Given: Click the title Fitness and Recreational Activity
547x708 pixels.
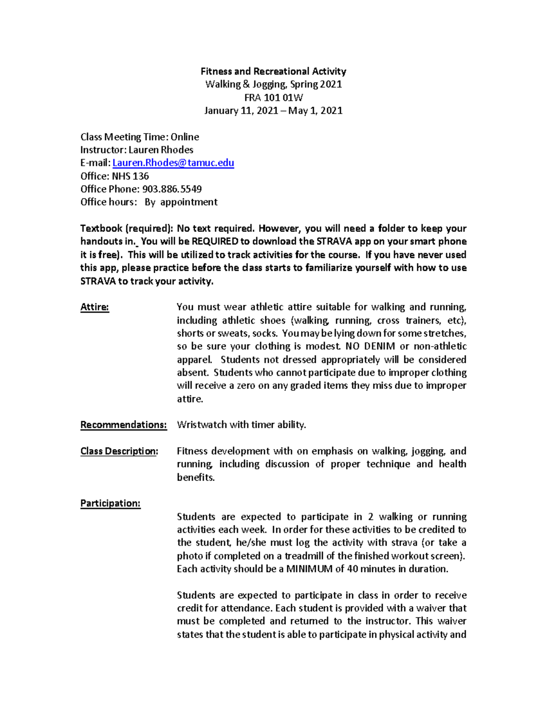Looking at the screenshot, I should coord(273,71).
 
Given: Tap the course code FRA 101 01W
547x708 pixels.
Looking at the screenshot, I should coord(273,98).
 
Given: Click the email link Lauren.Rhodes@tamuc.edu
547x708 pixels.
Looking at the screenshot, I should coord(173,163).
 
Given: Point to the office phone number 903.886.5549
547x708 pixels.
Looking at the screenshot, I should coord(172,189).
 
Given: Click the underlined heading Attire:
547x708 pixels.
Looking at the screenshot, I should coord(95,307).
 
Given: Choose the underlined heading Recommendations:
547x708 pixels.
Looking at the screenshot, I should coord(124,425).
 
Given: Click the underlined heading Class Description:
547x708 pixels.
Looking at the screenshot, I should coord(119,451).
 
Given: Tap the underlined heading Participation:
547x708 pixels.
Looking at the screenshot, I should coord(110,503).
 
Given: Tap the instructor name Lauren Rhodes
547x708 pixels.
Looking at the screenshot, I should coord(161,150).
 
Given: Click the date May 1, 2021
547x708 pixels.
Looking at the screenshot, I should coord(316,111).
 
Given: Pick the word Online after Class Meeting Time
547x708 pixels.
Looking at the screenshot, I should coord(185,137).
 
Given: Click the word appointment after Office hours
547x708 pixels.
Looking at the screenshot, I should coord(189,202).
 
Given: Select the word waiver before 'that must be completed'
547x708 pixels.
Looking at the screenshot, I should coord(430,608).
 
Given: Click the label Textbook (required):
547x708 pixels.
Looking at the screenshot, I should coord(126,228).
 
